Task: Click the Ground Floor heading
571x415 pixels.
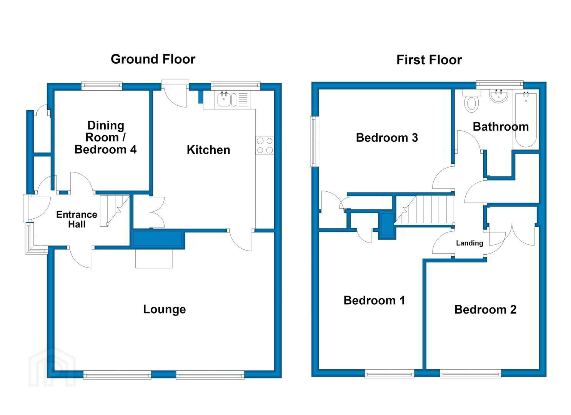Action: [153, 59]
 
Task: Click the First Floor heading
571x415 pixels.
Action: [429, 60]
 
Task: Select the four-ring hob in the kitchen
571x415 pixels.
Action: [265, 145]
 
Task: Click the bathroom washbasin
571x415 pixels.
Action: [499, 96]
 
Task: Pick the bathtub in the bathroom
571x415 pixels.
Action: [526, 120]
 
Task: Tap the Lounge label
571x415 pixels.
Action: [165, 309]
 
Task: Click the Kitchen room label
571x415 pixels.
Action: [208, 150]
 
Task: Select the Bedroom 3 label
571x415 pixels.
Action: [387, 138]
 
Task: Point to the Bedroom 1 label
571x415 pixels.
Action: [374, 300]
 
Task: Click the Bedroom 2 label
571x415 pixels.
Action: [485, 310]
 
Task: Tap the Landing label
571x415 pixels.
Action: [469, 243]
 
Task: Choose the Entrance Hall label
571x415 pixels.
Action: [77, 219]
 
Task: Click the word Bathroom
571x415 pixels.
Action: [501, 127]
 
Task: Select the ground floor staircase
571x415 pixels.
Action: [115, 211]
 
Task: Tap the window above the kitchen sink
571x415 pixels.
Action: [236, 86]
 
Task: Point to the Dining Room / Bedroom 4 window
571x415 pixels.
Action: [102, 86]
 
